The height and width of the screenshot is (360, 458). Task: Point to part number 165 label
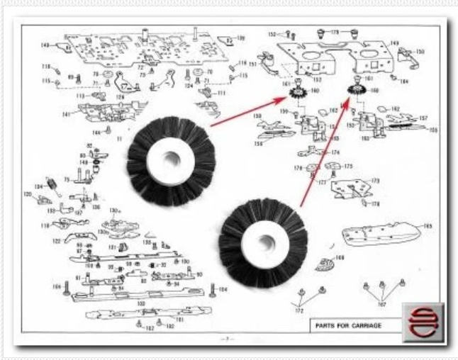click(x=428, y=226)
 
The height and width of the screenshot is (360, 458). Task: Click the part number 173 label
click(x=375, y=181)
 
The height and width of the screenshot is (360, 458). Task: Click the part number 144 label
click(x=96, y=132)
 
